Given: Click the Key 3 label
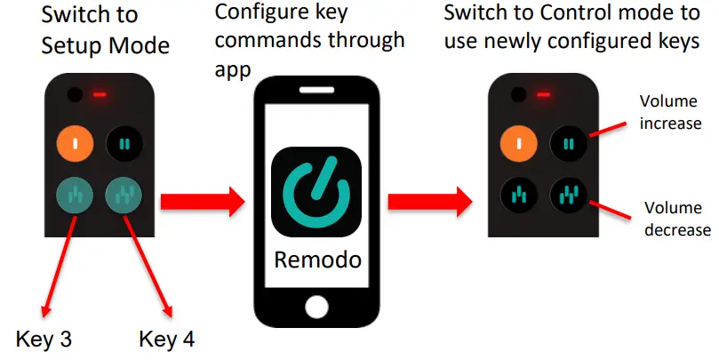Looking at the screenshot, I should tap(44, 339).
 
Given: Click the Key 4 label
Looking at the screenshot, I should tap(167, 339).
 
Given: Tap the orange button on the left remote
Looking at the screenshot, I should tap(76, 143).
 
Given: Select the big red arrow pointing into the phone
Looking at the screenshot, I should tap(202, 201).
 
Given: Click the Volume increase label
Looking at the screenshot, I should tap(670, 113).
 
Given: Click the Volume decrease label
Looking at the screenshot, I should tap(676, 220).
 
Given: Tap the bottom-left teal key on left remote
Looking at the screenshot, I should tap(76, 195).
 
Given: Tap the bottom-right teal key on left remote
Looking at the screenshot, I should tap(124, 195).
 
